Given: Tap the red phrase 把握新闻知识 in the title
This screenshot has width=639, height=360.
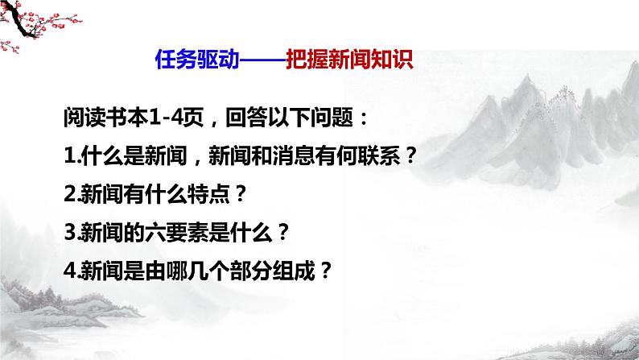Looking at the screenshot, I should [349, 61].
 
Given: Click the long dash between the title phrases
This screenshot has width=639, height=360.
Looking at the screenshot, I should [261, 61].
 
